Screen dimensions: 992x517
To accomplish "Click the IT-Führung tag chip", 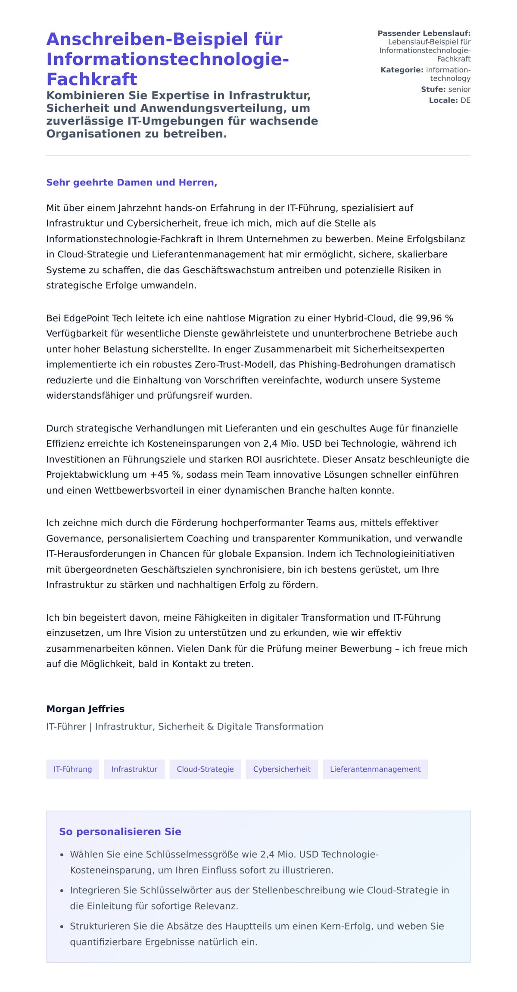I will coord(72,769).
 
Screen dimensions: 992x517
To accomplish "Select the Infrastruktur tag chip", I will coord(134,769).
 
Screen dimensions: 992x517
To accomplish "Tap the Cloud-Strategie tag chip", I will coord(205,769).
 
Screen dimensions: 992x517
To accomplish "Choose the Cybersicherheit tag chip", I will coord(281,769).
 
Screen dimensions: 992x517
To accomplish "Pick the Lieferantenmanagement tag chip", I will coord(375,769).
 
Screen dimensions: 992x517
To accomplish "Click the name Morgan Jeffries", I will coord(85,709).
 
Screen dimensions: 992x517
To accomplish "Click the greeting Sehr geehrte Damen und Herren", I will coord(131,182).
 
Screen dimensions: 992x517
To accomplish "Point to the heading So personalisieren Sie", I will coord(120,832).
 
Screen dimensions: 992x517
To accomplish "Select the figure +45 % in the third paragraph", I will coord(165,475).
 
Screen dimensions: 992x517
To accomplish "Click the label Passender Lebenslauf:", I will coord(424,33).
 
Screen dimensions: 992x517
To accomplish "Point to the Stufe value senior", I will coord(459,89).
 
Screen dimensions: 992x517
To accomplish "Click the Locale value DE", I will coord(465,100).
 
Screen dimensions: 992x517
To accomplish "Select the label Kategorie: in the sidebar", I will coord(402,70).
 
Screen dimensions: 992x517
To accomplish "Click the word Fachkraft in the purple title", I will coord(91,79).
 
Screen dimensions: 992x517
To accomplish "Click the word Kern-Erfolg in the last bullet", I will coord(349,926).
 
